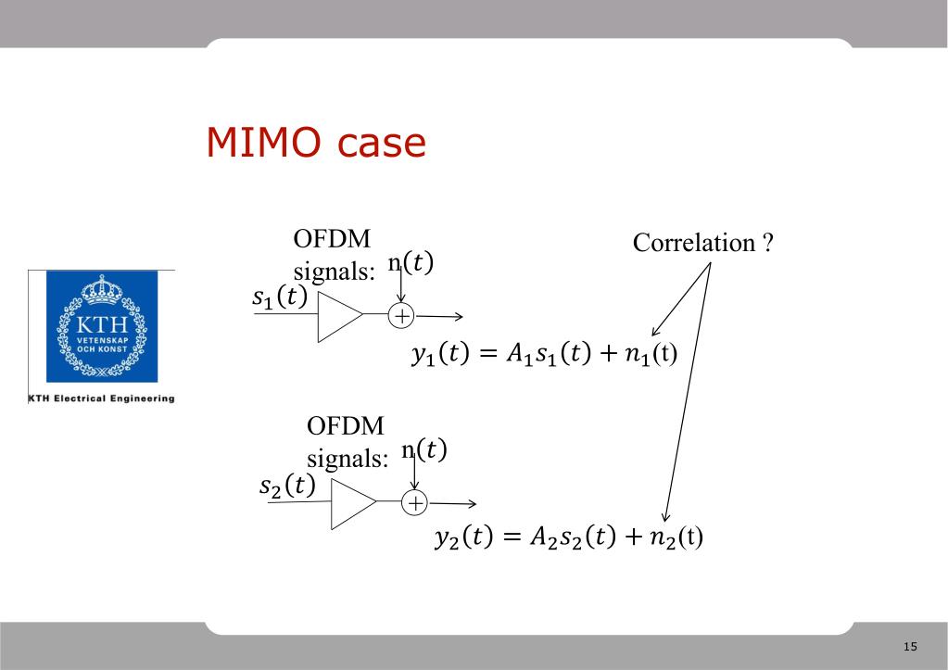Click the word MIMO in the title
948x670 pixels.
[262, 143]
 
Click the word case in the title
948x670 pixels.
[380, 143]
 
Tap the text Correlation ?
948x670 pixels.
[702, 244]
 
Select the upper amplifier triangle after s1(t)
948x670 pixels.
[337, 315]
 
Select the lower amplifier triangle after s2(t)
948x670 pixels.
[352, 503]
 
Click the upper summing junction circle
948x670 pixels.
[402, 316]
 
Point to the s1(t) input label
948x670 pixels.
[279, 298]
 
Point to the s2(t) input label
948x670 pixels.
[287, 485]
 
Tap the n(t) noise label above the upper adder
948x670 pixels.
[411, 263]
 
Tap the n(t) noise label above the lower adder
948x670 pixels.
[424, 450]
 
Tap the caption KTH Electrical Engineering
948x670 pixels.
[102, 398]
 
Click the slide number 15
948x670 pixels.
[909, 646]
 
